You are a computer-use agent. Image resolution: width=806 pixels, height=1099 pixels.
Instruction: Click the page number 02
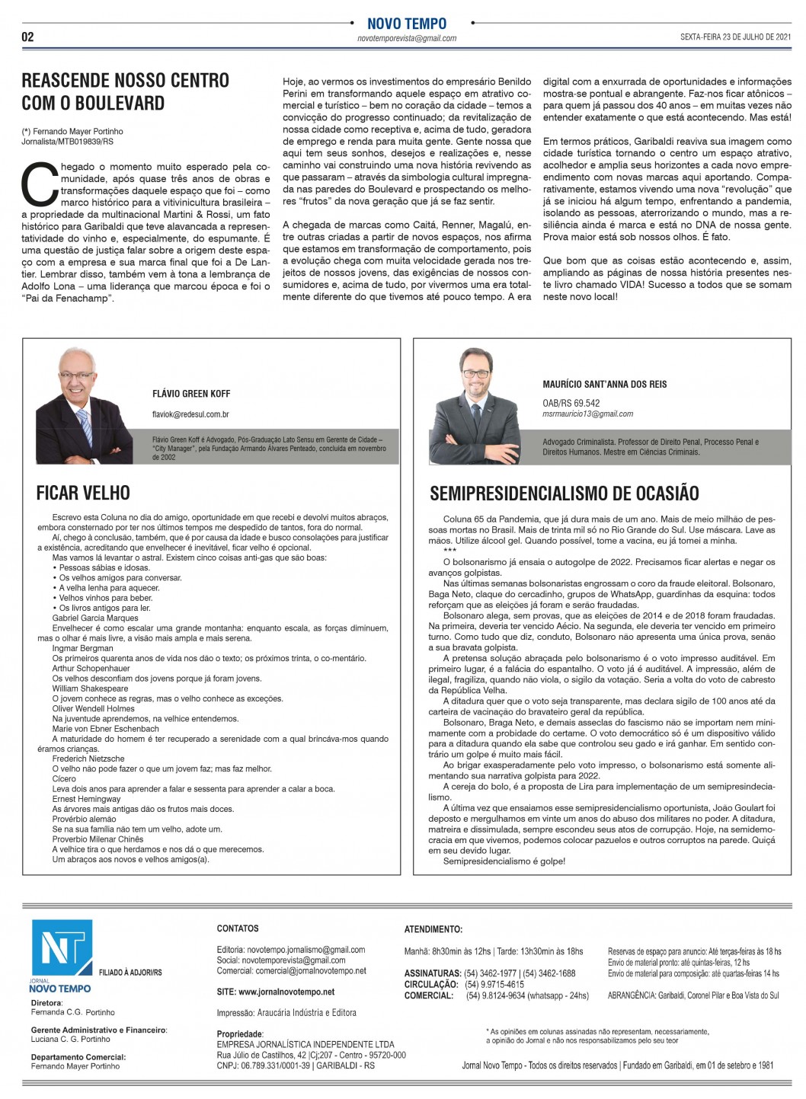27,37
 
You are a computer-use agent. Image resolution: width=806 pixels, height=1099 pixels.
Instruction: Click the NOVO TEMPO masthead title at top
407,24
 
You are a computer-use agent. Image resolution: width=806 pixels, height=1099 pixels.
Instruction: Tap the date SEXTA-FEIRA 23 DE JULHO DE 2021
736,37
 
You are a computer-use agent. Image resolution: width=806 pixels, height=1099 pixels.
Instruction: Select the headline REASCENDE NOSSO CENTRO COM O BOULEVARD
125,91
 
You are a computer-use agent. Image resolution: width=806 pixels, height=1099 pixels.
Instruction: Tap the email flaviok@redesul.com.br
190,414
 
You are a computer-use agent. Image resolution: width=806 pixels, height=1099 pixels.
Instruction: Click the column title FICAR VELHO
83,493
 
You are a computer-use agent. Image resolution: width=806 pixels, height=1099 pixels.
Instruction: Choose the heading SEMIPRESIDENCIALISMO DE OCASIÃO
564,493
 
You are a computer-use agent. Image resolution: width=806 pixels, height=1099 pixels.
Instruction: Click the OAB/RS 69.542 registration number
571,403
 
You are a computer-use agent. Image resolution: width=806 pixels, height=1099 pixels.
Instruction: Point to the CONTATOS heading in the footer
238,928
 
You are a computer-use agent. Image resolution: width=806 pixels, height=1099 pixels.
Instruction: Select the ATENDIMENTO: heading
433,929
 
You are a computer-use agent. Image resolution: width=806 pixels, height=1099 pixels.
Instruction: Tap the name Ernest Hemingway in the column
86,799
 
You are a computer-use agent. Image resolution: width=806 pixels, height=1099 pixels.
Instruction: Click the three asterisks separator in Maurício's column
449,551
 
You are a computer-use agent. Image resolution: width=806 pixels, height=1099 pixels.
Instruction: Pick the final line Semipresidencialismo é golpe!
504,861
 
